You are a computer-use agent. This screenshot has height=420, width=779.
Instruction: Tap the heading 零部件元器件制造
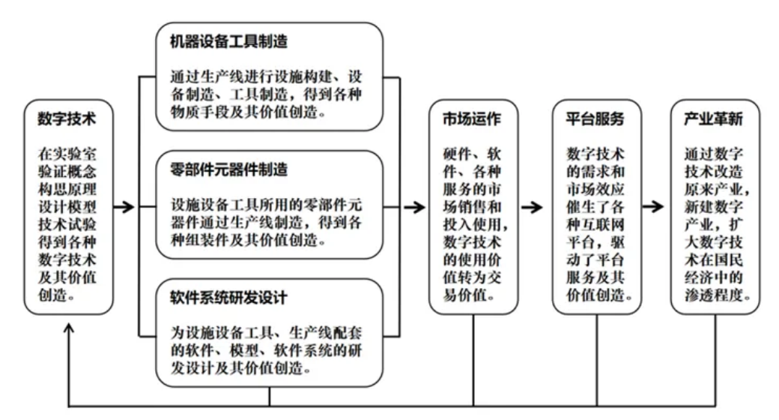point(228,169)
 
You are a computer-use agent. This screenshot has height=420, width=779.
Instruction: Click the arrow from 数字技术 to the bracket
point(125,206)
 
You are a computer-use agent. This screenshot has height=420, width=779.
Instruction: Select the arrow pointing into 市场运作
point(412,206)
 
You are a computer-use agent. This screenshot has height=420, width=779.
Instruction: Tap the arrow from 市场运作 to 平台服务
point(532,206)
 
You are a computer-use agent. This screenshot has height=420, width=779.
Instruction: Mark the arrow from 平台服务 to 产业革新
point(653,206)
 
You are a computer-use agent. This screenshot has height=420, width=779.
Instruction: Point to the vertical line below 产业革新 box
point(715,360)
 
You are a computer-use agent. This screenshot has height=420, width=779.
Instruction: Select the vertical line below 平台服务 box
point(597,360)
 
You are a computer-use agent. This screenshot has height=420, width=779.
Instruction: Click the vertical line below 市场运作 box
point(474,360)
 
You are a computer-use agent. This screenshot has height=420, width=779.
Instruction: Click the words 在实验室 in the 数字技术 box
point(67,154)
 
